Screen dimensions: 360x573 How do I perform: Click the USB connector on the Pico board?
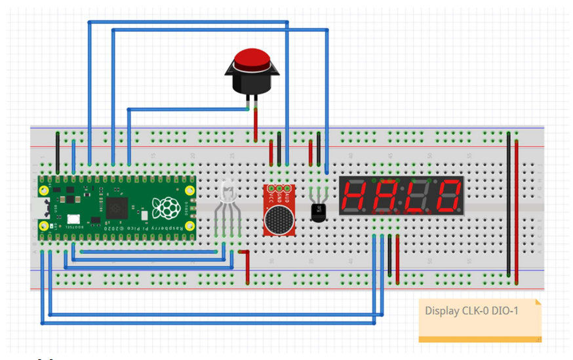(44, 209)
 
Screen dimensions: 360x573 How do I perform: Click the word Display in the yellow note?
(442, 311)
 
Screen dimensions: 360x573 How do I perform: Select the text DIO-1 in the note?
(506, 311)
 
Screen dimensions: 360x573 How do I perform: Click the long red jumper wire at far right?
(517, 210)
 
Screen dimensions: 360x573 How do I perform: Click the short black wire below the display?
(390, 256)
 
